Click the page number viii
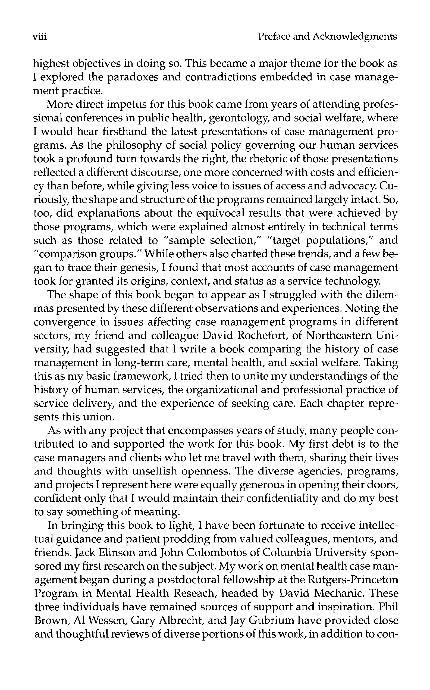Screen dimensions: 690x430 [40, 37]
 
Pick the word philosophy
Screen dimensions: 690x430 [132, 145]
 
